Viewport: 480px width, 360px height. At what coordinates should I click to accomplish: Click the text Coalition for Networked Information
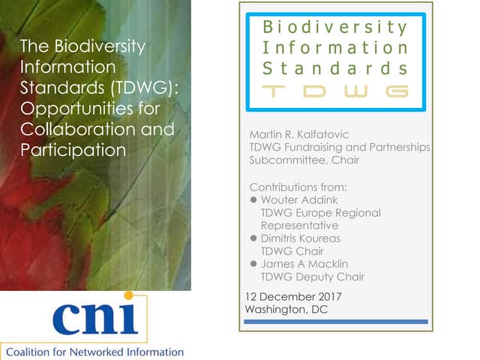tap(94, 351)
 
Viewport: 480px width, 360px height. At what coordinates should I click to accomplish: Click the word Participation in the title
tap(73, 150)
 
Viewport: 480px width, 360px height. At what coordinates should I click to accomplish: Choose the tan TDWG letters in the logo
tap(334, 91)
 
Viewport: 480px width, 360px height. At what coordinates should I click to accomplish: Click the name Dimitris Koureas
tap(300, 238)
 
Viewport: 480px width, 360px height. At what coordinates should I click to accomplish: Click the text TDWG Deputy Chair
tap(312, 277)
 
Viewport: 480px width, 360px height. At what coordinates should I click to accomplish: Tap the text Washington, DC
tap(286, 309)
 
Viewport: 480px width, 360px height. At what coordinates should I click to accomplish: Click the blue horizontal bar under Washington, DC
tap(336, 322)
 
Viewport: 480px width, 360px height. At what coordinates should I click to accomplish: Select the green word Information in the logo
tap(334, 47)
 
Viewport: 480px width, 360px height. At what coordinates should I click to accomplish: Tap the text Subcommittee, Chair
tap(304, 160)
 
